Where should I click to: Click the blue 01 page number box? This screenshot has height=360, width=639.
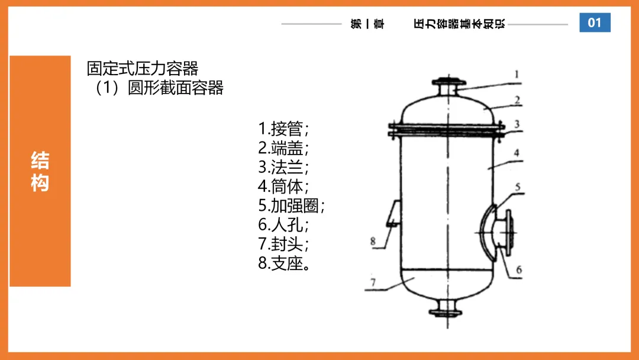click(595, 22)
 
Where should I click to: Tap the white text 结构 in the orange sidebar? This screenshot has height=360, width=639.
click(40, 171)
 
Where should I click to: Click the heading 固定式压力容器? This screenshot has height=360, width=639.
click(142, 69)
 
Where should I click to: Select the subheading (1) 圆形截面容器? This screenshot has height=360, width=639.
click(159, 88)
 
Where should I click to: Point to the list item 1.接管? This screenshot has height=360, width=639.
click(283, 129)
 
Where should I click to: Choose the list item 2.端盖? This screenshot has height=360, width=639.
click(283, 148)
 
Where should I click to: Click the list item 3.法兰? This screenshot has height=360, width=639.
click(283, 167)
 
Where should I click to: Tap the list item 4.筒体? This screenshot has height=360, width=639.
click(283, 187)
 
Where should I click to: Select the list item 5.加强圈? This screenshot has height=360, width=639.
click(291, 205)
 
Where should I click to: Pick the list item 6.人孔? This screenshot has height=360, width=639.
click(283, 224)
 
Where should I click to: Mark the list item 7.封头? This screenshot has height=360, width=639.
click(283, 244)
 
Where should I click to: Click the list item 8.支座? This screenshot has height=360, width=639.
click(284, 263)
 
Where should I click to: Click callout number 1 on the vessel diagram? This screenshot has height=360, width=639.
click(517, 74)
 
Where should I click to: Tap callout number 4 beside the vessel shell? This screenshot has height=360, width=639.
click(517, 153)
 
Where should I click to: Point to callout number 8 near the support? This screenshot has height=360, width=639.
click(373, 241)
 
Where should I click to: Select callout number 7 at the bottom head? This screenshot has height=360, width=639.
click(373, 282)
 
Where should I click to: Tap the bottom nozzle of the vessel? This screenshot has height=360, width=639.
click(446, 307)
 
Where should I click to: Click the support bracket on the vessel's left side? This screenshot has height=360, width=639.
click(393, 213)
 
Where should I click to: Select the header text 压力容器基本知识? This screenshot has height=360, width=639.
click(459, 24)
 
